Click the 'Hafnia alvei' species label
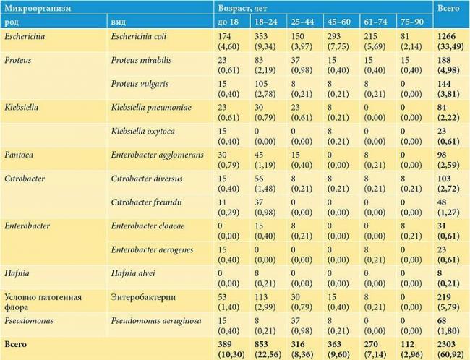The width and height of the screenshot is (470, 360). (134, 272)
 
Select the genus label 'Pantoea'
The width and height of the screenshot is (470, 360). (20, 155)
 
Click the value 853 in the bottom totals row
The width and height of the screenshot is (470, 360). (261, 342)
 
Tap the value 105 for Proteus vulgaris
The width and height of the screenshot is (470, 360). (261, 84)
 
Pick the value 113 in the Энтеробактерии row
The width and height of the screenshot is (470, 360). (261, 296)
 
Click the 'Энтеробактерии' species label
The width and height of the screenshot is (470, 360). (143, 296)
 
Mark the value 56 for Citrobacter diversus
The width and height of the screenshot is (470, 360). (259, 179)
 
